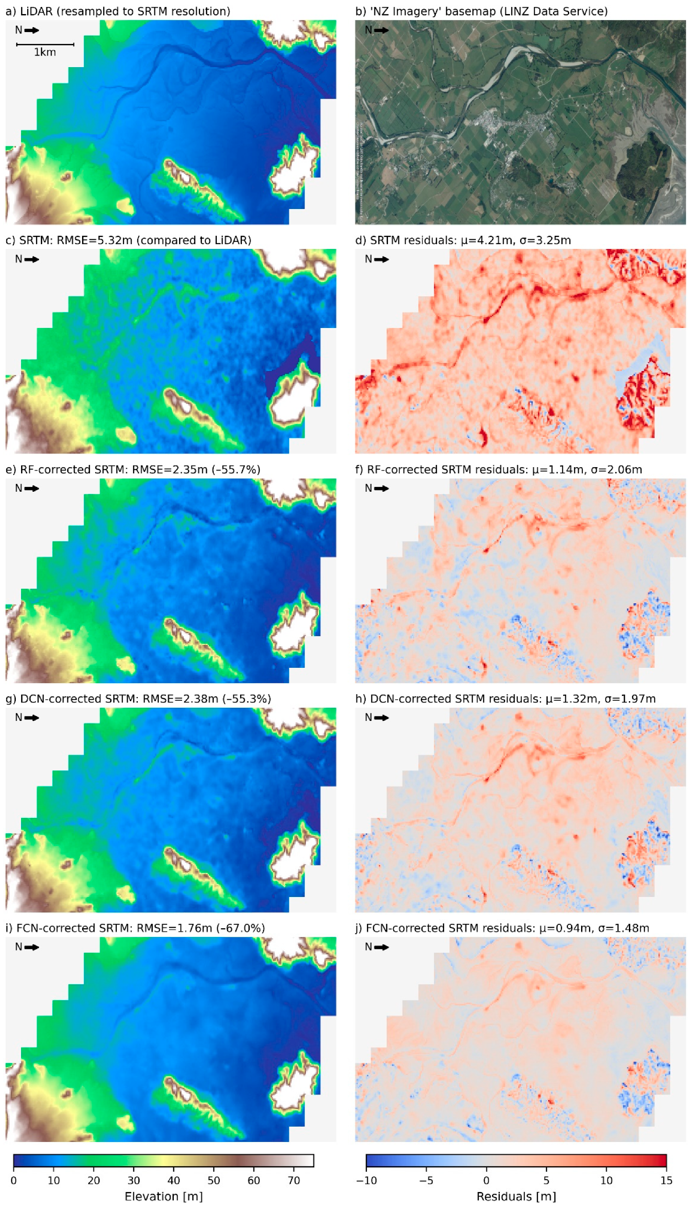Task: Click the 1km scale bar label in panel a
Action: (x=45, y=52)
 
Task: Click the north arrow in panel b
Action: (x=381, y=30)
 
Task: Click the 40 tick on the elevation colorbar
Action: (x=174, y=1181)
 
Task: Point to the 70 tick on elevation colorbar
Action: (x=294, y=1181)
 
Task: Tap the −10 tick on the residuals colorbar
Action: (x=366, y=1181)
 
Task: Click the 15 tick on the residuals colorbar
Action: (x=666, y=1181)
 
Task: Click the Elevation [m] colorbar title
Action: (x=163, y=1197)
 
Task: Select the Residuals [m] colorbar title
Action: (x=516, y=1197)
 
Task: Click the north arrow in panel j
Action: (x=381, y=947)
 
